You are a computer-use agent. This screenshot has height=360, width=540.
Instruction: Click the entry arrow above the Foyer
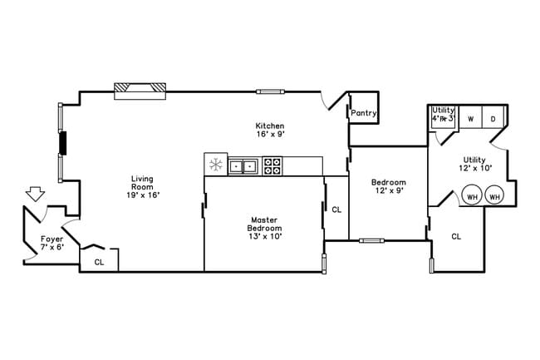pyautogui.click(x=35, y=194)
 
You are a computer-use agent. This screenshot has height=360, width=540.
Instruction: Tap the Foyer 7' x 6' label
pyautogui.click(x=52, y=243)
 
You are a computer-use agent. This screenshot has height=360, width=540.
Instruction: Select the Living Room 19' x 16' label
pyautogui.click(x=144, y=186)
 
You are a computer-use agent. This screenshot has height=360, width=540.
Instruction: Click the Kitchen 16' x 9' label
pyautogui.click(x=270, y=130)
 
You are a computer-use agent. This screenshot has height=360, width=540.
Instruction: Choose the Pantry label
pyautogui.click(x=364, y=113)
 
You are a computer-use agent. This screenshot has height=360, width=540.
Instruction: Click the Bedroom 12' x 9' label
pyautogui.click(x=388, y=186)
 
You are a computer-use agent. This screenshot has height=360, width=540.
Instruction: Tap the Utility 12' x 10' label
pyautogui.click(x=475, y=163)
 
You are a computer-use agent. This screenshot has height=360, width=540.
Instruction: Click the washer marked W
pyautogui.click(x=470, y=119)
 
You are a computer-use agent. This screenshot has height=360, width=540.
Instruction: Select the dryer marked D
pyautogui.click(x=493, y=119)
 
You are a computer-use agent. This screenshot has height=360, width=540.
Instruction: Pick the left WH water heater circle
pyautogui.click(x=473, y=197)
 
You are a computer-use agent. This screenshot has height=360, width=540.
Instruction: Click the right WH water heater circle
pyautogui.click(x=495, y=197)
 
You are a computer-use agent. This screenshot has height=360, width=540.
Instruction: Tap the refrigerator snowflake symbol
pyautogui.click(x=215, y=165)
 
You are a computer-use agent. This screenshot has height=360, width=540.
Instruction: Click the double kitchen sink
pyautogui.click(x=243, y=165)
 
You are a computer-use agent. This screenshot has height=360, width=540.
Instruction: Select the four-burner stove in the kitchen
pyautogui.click(x=272, y=165)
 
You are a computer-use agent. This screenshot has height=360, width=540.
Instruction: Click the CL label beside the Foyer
pyautogui.click(x=99, y=262)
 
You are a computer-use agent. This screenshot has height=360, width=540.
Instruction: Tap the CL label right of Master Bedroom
pyautogui.click(x=336, y=210)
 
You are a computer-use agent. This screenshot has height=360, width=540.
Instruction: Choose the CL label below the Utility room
pyautogui.click(x=456, y=236)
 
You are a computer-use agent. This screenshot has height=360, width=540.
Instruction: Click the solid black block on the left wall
pyautogui.click(x=62, y=143)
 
